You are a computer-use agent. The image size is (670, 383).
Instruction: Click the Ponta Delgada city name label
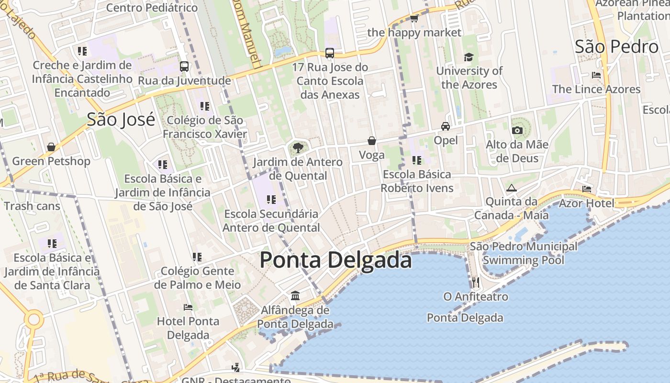click(x=335, y=260)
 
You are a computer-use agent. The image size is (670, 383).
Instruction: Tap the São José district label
click(x=121, y=119)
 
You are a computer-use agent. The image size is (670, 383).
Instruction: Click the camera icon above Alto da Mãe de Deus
click(x=517, y=130)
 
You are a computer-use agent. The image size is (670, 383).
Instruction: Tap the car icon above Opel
click(x=446, y=126)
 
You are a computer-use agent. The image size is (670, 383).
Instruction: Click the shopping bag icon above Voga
click(x=372, y=141)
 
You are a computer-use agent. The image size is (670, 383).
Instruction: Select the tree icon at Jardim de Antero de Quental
click(x=298, y=147)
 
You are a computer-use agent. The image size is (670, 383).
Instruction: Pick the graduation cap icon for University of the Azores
click(x=469, y=57)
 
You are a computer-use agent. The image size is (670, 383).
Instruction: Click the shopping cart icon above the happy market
click(x=414, y=19)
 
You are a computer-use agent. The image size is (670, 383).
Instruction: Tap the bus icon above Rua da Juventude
click(x=184, y=67)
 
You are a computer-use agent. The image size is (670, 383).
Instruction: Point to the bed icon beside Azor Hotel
click(x=587, y=189)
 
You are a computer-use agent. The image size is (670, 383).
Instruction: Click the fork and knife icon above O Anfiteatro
click(x=475, y=282)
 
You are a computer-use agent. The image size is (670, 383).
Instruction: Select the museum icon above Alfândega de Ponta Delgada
click(x=295, y=296)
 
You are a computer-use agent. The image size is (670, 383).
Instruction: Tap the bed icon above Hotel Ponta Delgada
click(x=188, y=307)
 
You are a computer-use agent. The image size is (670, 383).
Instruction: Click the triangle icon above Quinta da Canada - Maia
click(x=511, y=188)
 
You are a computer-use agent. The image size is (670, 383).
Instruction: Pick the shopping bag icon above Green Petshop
click(x=51, y=147)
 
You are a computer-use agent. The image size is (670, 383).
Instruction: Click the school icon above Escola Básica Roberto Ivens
click(x=417, y=160)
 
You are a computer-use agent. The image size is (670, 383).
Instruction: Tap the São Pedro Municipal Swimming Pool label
click(x=524, y=253)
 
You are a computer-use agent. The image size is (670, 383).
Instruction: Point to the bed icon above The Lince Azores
click(x=596, y=75)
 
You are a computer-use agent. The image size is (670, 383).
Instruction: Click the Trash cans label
click(x=32, y=206)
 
